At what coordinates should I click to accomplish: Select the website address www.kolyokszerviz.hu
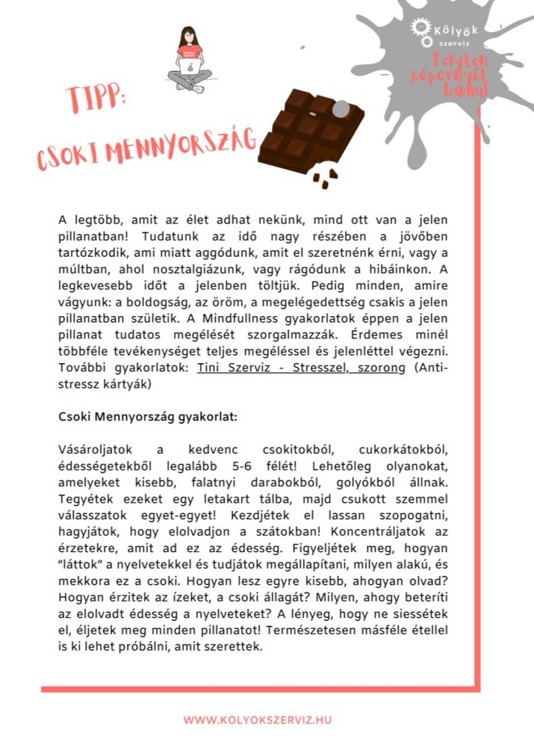(x=258, y=720)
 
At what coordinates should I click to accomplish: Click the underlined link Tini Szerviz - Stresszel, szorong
(x=301, y=368)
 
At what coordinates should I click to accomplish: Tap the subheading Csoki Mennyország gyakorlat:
(x=148, y=416)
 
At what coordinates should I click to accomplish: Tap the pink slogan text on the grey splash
(x=456, y=74)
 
